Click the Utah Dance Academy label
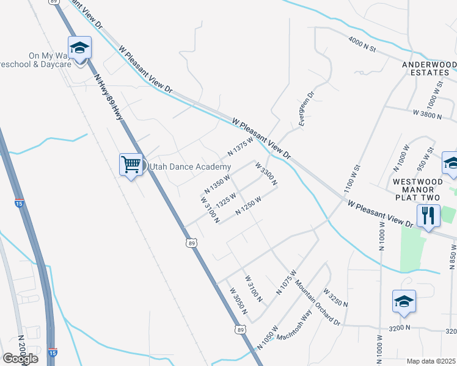[188, 167]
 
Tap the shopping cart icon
[131, 163]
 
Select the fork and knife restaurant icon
[428, 215]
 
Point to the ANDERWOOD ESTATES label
[428, 68]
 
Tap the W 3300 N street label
[266, 174]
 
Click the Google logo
[20, 358]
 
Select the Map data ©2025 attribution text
[431, 361]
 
